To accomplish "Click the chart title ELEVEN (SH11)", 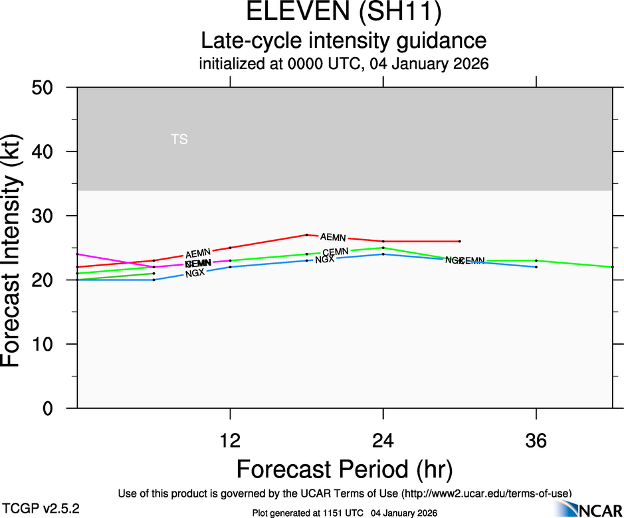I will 344,13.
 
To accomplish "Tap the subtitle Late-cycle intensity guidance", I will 344,41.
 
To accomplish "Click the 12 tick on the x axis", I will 230,441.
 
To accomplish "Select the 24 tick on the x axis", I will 383,441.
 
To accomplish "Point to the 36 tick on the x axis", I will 536,441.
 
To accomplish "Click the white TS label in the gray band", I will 179,139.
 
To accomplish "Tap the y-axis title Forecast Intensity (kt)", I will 15,247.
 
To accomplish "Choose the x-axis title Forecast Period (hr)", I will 344,469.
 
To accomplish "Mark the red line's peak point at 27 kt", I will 306,234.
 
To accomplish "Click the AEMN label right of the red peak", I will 332,237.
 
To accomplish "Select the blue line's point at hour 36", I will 536,267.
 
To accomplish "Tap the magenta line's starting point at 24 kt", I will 78,254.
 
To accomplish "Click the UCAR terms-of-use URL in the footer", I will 485,493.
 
